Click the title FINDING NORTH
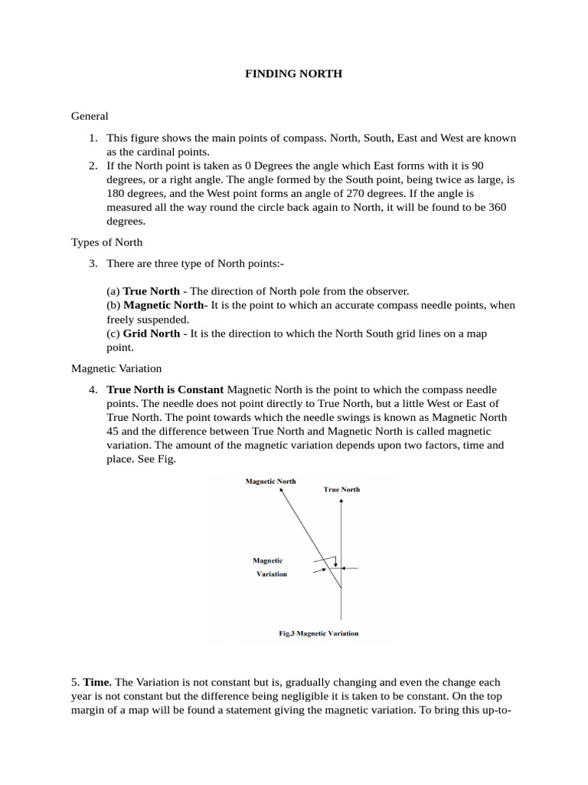(x=293, y=74)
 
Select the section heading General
(x=90, y=116)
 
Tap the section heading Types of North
(x=106, y=242)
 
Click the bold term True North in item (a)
(x=152, y=291)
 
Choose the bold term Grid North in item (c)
(x=152, y=333)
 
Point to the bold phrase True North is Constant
(x=165, y=389)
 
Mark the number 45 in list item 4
(x=113, y=431)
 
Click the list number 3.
(x=92, y=264)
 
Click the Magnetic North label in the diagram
(x=270, y=481)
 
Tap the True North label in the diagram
(x=341, y=489)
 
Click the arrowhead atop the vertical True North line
(x=341, y=499)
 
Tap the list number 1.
(x=92, y=138)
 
